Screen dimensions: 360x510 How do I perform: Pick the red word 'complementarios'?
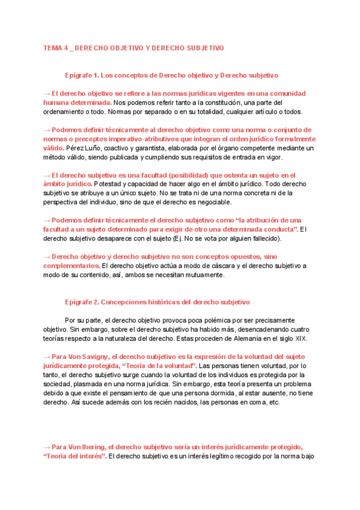pyautogui.click(x=71, y=265)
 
